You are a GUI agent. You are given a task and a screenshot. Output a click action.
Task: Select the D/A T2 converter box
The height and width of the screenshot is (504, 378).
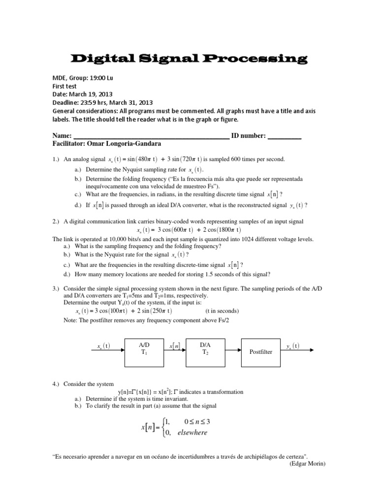click(205, 352)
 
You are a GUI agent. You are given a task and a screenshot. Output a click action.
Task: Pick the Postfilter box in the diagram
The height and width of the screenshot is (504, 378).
click(260, 352)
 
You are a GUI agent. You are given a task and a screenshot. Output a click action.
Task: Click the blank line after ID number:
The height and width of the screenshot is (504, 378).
click(284, 136)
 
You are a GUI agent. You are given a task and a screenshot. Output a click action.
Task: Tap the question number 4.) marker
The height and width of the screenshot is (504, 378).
click(56, 384)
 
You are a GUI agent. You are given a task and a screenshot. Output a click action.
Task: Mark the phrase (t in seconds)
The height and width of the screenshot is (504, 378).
click(222, 311)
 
